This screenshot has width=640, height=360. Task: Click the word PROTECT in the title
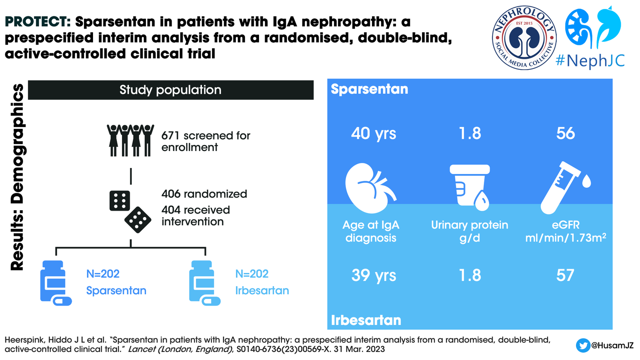click(x=38, y=22)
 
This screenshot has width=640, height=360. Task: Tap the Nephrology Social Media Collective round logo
click(x=524, y=38)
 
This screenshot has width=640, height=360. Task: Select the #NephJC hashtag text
click(x=590, y=61)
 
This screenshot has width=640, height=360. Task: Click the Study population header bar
click(x=171, y=90)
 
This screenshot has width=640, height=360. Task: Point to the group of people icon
click(x=130, y=140)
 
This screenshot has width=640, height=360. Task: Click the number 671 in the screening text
click(x=170, y=136)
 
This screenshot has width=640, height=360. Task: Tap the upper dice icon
click(x=119, y=200)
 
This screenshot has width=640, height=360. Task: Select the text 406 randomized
click(x=204, y=194)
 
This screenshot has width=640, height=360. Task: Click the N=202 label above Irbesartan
click(x=252, y=274)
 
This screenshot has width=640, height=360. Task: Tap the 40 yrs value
click(x=373, y=134)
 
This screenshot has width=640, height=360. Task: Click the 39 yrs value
click(x=373, y=276)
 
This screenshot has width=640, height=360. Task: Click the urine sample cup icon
click(x=470, y=187)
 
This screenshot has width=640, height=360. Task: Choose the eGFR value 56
click(x=565, y=134)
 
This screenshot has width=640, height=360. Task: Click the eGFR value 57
click(x=565, y=276)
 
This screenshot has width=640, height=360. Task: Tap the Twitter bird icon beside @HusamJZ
click(x=582, y=345)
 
